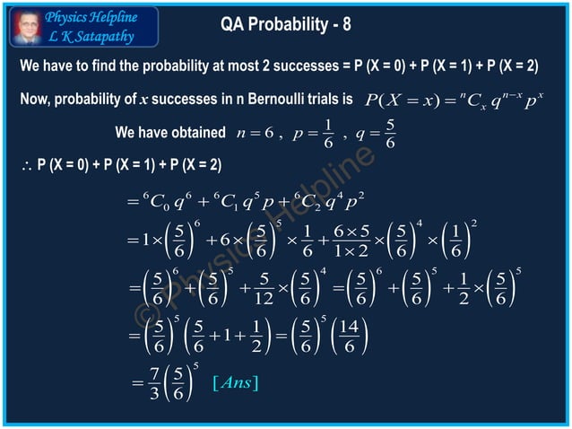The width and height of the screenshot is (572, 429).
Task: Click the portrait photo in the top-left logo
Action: coord(26,26)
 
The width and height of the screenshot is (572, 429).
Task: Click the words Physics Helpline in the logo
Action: coord(91,16)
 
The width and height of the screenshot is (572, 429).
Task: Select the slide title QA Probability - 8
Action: coord(285,24)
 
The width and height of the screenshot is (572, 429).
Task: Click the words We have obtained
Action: coord(170,133)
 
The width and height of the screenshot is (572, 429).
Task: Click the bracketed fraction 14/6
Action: coord(351,337)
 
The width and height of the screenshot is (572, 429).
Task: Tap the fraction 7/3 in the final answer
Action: coord(153,385)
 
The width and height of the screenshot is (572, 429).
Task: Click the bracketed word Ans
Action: coord(236,384)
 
